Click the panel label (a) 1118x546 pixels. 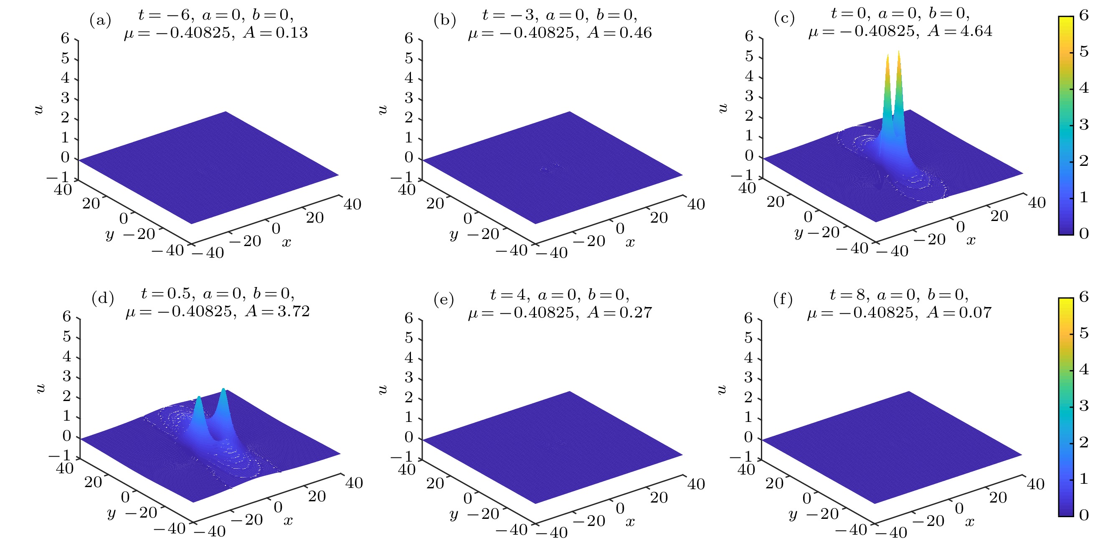pyautogui.click(x=100, y=20)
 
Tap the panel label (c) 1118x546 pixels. pyautogui.click(x=784, y=19)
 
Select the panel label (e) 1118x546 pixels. pyautogui.click(x=444, y=300)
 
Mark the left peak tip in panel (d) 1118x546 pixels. pyautogui.click(x=198, y=398)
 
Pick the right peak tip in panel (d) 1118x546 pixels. pyautogui.click(x=223, y=389)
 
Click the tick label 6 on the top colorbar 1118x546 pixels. pyautogui.click(x=1084, y=15)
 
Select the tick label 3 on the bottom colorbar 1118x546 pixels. pyautogui.click(x=1084, y=406)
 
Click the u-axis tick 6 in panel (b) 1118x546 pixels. pyautogui.click(x=408, y=38)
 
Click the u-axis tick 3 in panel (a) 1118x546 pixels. pyautogui.click(x=65, y=98)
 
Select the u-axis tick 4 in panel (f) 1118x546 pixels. pyautogui.click(x=748, y=358)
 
